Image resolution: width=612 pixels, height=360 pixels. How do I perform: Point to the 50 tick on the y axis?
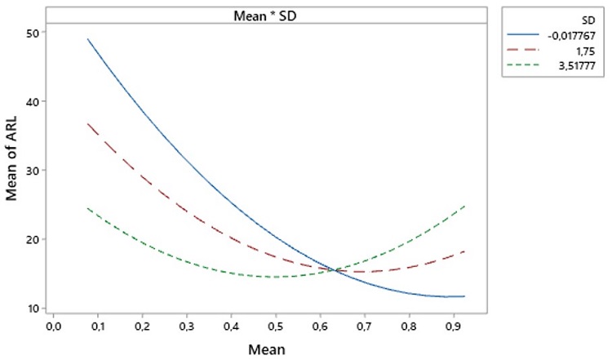pos(38,32)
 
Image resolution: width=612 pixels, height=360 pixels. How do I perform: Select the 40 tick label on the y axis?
pos(38,101)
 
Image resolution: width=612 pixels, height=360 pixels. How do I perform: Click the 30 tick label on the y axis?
pos(38,171)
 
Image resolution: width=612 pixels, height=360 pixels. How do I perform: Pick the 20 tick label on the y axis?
pos(38,239)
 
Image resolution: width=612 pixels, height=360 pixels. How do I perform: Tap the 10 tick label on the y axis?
pos(38,308)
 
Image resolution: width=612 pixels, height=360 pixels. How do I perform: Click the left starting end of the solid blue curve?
pos(87,39)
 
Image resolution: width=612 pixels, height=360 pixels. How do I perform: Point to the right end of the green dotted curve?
pos(463,206)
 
